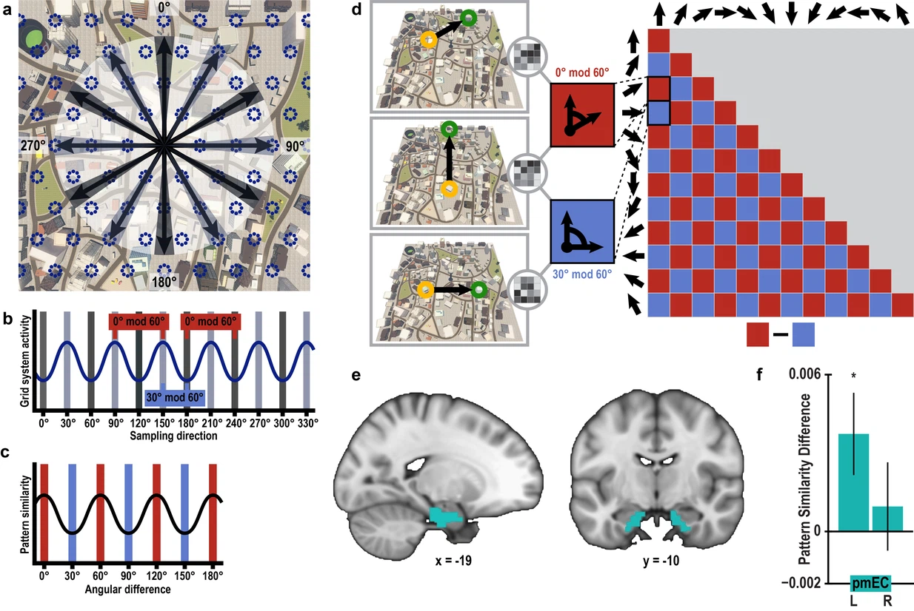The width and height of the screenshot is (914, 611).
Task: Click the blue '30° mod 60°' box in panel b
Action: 175,397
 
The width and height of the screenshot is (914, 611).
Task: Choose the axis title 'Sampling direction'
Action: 173,436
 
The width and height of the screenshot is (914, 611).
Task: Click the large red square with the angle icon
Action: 581,115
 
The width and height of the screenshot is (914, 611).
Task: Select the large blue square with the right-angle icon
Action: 581,232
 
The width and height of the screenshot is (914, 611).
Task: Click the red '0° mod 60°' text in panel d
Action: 581,73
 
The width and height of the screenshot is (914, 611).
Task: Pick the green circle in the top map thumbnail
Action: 468,17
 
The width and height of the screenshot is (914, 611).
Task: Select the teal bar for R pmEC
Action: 887,519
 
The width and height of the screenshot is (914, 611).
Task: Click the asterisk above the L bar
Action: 854,377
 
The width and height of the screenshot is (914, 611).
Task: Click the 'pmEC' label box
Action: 870,582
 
